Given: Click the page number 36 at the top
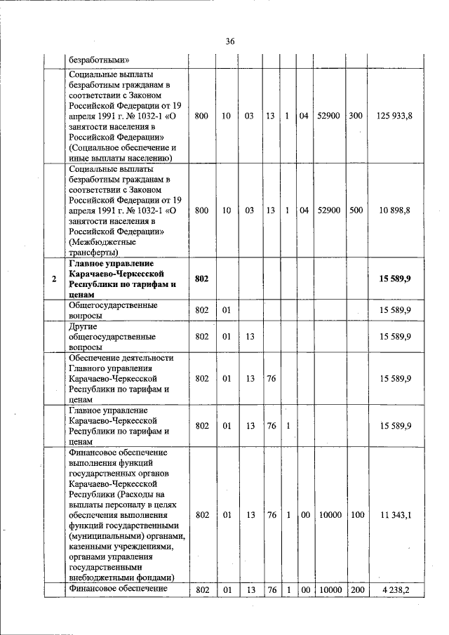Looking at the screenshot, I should (229, 41).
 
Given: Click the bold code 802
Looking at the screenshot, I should (202, 279).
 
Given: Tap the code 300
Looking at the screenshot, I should (356, 115).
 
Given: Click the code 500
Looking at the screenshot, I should (356, 210).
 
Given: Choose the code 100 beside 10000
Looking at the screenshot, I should (356, 515).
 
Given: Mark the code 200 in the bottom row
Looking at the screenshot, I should (356, 589).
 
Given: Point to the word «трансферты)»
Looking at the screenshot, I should (93, 252).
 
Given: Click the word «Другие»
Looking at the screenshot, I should (83, 326).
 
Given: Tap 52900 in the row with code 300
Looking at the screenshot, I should (328, 115).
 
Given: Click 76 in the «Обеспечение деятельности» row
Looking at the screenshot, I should (271, 378).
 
